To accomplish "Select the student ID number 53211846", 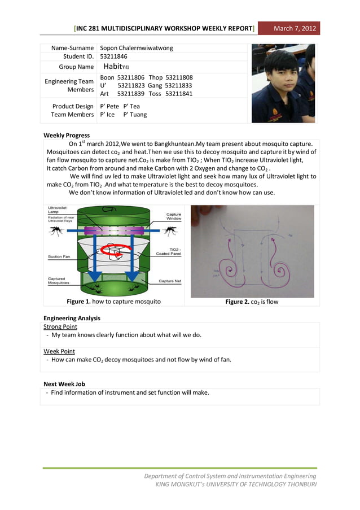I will [113, 56].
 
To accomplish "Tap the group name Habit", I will [117, 67].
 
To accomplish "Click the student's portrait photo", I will [284, 83].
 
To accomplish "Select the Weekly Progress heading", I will [67, 135].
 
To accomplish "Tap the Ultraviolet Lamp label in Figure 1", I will [57, 210].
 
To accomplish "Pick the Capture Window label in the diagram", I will [173, 216].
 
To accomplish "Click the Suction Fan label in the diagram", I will [59, 256].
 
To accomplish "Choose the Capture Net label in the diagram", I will [170, 281].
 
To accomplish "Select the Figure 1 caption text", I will [113, 302].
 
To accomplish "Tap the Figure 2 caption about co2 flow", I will [252, 302].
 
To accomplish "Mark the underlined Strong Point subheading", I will [60, 326].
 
